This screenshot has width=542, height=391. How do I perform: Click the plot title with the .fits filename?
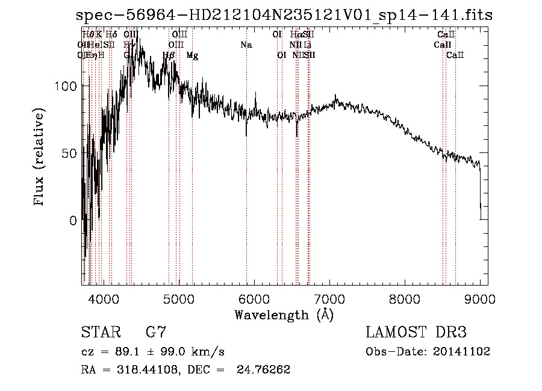(284, 16)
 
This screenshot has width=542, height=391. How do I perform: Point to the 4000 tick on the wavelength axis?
(103, 298)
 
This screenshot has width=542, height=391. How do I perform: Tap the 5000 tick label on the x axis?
(178, 298)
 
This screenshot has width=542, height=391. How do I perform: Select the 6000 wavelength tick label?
(254, 298)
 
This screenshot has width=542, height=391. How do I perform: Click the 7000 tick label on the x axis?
(329, 298)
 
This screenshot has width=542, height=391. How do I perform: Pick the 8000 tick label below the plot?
(404, 298)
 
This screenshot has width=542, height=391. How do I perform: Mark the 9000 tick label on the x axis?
(479, 298)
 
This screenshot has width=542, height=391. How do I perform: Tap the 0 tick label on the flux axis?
(73, 221)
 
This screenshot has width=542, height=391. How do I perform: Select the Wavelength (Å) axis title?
(284, 314)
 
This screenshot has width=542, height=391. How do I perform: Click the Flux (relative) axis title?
(40, 158)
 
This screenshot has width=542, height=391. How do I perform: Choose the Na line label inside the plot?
(246, 45)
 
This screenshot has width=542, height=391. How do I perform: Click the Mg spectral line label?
(192, 55)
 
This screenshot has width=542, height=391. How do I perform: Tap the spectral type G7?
(156, 332)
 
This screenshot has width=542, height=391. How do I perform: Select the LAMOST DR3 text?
(416, 332)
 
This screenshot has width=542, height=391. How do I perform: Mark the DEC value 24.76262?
(267, 370)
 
